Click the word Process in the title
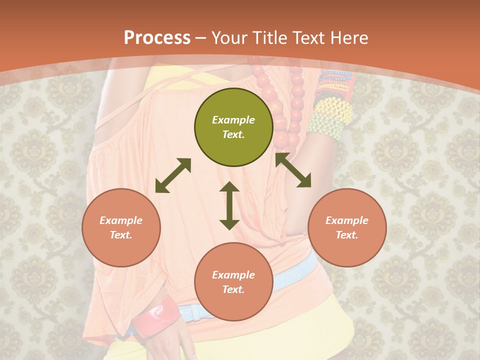click(157, 37)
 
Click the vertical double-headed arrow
click(229, 205)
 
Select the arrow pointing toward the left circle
click(173, 175)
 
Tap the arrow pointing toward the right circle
click(293, 170)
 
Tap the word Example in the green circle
click(233, 120)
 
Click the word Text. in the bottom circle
click(233, 289)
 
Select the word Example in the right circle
click(347, 220)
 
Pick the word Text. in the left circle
click(121, 235)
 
